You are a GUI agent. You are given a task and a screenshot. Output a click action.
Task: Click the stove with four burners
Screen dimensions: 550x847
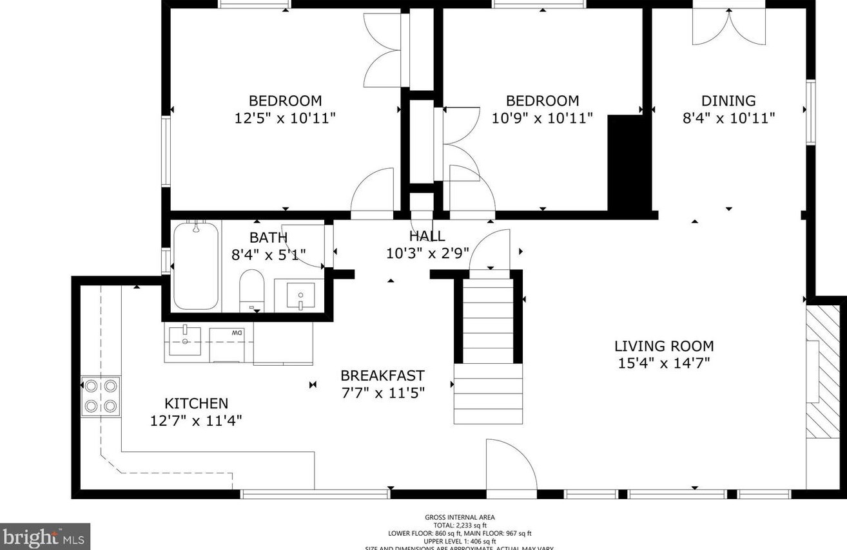[101, 396]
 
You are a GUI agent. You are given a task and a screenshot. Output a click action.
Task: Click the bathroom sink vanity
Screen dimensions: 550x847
[300, 296]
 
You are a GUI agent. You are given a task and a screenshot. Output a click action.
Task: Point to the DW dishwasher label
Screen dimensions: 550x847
[237, 332]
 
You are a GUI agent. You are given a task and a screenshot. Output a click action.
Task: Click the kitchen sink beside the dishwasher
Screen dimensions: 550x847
[185, 341]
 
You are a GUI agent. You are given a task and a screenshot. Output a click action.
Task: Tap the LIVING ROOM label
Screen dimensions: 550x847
[663, 346]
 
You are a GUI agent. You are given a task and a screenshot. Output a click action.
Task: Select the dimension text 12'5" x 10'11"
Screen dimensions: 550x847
[285, 119]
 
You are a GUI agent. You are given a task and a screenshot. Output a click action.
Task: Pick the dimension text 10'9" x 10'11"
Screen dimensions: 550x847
[541, 119]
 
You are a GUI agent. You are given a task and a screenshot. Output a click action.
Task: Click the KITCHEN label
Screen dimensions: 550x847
[196, 403]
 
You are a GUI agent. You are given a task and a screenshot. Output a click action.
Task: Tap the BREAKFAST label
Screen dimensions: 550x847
[382, 375]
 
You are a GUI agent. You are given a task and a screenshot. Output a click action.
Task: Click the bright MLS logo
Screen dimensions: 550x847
[44, 536]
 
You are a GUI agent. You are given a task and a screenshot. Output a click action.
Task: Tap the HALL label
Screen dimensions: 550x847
[427, 236]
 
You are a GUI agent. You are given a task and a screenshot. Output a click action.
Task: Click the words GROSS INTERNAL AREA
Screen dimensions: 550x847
[460, 517]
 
